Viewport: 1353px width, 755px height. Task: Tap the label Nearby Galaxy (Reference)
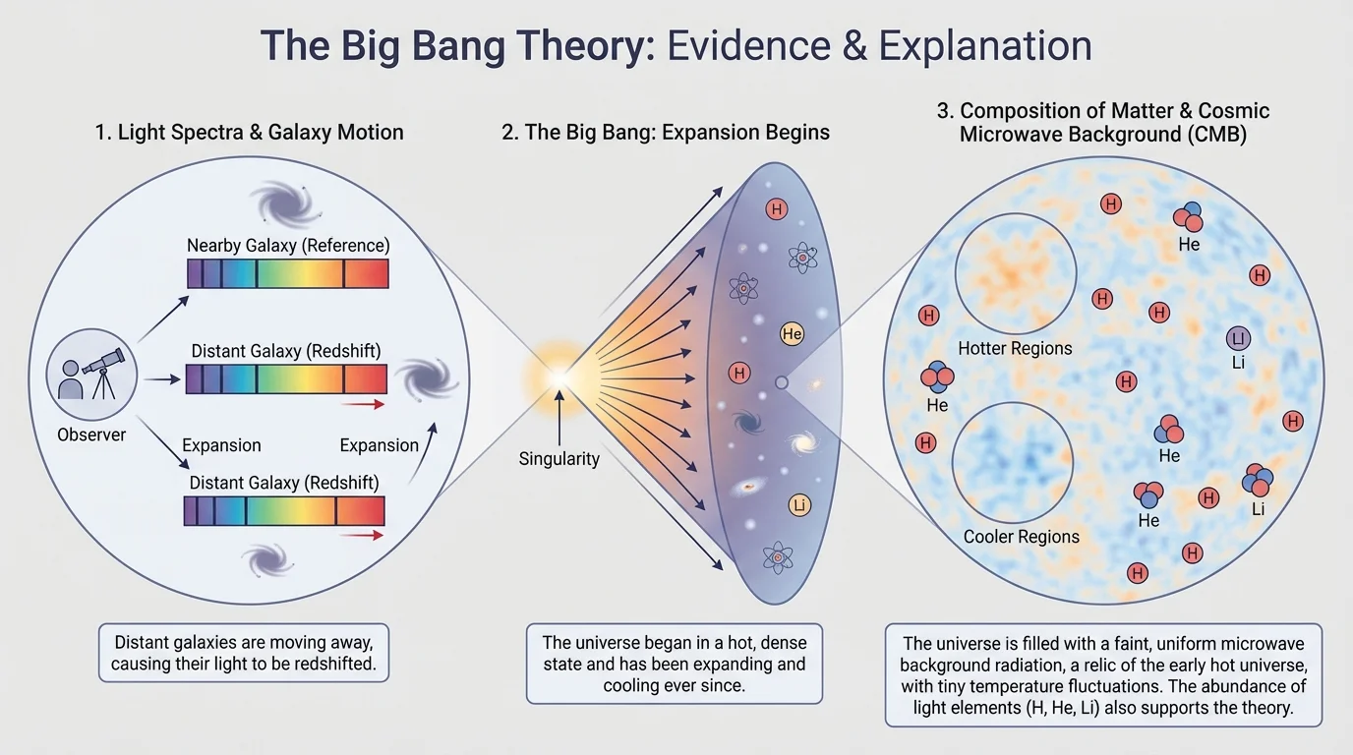point(288,245)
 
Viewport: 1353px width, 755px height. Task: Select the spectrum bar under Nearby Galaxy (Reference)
point(288,273)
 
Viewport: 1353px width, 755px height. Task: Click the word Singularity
point(559,458)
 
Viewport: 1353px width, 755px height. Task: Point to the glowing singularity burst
point(558,377)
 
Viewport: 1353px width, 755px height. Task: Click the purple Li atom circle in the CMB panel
point(1238,339)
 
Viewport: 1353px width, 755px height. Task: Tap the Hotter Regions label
point(1015,348)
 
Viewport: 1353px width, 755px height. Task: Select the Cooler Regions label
point(1021,537)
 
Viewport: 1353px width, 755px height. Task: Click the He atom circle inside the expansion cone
point(793,334)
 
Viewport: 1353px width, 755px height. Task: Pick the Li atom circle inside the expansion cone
point(799,505)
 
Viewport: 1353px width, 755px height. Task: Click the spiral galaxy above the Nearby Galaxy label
point(285,203)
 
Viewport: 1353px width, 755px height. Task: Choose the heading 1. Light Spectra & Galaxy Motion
point(249,132)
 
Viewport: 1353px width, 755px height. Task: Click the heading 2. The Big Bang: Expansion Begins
point(666,132)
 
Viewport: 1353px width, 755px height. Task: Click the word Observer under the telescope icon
point(91,434)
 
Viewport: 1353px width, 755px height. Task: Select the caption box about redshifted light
point(245,653)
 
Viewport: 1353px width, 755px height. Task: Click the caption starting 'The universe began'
point(674,664)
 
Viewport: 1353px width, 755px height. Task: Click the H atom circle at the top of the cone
point(777,209)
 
